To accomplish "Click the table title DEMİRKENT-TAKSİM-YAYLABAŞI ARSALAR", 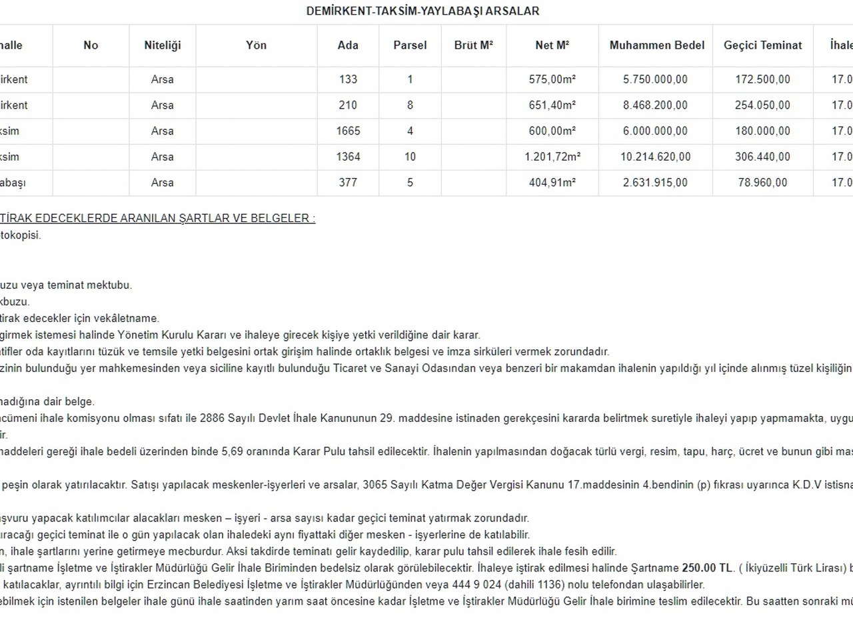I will point(423,11).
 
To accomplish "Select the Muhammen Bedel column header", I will point(656,45).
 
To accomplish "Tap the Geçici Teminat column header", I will point(762,45).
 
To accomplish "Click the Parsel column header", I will point(410,45).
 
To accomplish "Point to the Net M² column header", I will point(552,45).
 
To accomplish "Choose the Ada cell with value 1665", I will point(348,131).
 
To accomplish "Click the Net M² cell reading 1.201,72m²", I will point(552,157).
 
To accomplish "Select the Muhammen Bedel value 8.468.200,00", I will point(655,105).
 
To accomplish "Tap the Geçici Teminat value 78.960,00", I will point(762,183).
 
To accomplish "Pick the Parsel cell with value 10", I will point(410,157).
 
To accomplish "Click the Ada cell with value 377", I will point(348,183).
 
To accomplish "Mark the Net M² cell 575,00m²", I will point(552,79).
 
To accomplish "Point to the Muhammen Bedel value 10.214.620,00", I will point(655,157).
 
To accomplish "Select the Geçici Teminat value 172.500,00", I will point(762,79).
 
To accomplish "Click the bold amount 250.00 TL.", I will point(707,569).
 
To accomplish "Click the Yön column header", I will point(256,45).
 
